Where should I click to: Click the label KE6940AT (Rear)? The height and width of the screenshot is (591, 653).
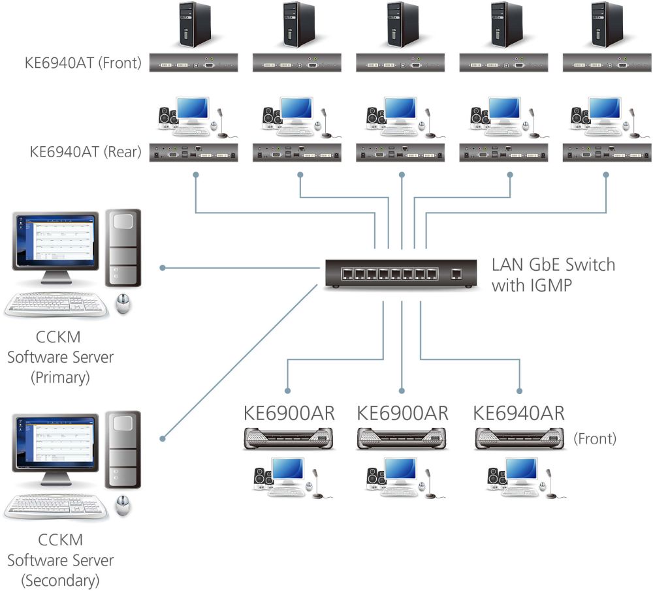pos(86,152)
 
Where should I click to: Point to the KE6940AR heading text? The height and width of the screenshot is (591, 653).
pos(518,414)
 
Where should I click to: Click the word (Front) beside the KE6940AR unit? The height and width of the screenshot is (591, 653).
pos(594,438)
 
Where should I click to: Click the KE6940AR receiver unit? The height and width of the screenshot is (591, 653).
pos(520,438)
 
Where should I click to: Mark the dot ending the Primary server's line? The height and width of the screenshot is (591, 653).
pos(163,267)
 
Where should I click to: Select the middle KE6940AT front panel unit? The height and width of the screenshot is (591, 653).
pos(401,63)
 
